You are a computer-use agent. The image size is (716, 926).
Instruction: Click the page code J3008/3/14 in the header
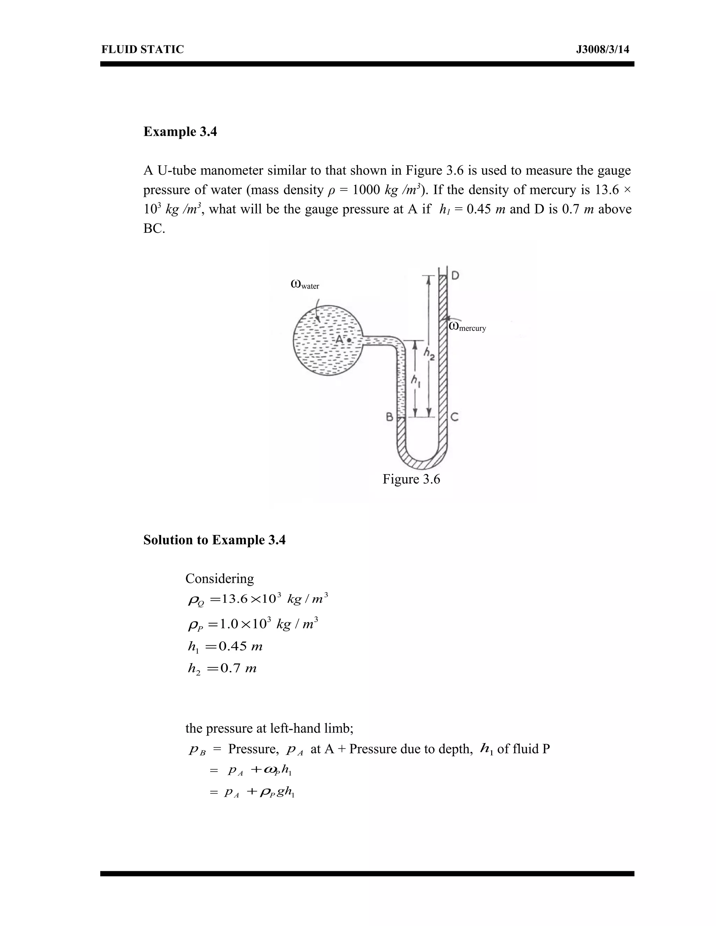pyautogui.click(x=602, y=50)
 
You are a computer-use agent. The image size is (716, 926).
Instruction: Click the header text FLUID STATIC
pyautogui.click(x=143, y=50)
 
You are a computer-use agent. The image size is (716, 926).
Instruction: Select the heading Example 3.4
pyautogui.click(x=180, y=132)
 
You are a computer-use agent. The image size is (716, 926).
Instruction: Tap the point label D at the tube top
pyautogui.click(x=455, y=276)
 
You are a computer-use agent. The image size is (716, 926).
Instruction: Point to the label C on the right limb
pyautogui.click(x=454, y=417)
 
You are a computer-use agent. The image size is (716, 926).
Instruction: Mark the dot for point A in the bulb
pyautogui.click(x=349, y=340)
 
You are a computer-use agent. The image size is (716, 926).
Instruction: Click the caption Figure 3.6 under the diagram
pyautogui.click(x=411, y=479)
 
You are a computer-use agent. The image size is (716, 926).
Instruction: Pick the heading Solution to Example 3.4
pyautogui.click(x=214, y=540)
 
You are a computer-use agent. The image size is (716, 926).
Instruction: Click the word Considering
pyautogui.click(x=220, y=579)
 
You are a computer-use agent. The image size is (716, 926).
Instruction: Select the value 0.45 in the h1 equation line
pyautogui.click(x=232, y=646)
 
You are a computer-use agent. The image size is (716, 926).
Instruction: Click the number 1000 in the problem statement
pyautogui.click(x=366, y=190)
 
